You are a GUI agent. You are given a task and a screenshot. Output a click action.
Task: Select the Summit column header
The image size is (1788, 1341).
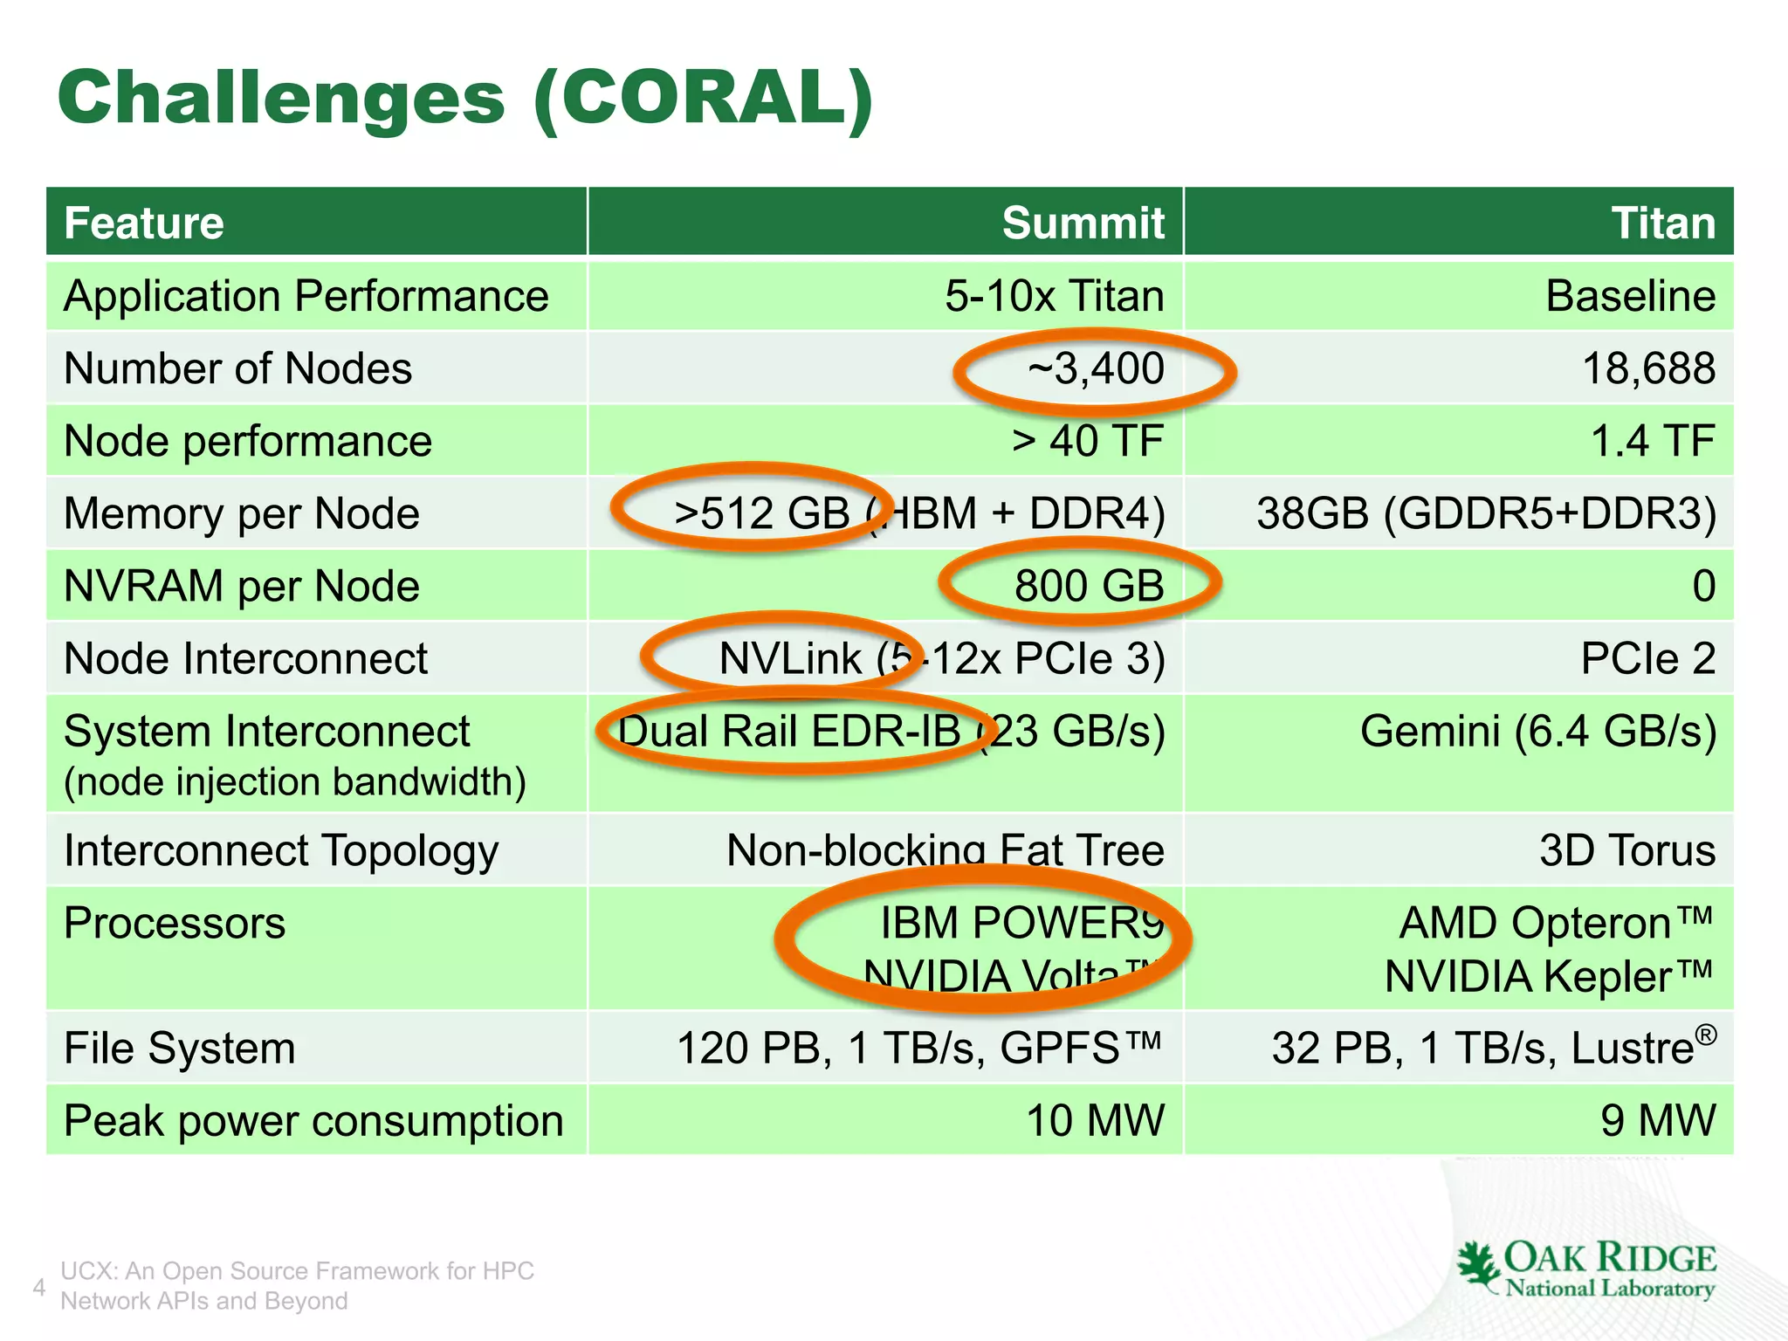(1083, 223)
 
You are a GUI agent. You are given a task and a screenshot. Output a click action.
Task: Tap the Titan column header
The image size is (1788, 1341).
(1662, 223)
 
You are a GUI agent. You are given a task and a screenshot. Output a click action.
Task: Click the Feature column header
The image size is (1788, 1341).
(144, 223)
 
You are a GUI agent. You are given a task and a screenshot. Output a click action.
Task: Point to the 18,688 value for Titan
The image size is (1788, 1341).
(1648, 368)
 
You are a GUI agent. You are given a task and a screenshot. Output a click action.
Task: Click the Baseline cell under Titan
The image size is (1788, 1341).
(1630, 296)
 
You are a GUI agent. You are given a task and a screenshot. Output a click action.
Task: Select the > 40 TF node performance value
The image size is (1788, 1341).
(1088, 441)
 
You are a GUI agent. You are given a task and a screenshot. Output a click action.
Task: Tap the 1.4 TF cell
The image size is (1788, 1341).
(1653, 441)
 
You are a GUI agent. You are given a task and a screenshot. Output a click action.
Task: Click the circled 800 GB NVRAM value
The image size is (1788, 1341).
(1089, 586)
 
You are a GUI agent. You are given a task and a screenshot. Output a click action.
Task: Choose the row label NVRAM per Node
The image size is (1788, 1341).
(242, 586)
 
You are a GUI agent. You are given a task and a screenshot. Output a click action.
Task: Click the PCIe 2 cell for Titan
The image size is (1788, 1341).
(1647, 658)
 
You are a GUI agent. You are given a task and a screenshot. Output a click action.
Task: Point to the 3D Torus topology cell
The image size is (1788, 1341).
(1627, 850)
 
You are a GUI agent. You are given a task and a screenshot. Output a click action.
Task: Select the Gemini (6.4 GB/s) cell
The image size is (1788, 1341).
(1538, 732)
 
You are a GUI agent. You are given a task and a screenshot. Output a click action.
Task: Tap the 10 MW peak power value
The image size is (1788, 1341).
(1095, 1120)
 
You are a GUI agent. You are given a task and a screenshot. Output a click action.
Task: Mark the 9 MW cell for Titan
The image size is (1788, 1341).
(1657, 1120)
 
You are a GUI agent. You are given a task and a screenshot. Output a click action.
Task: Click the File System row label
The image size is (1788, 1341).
(180, 1048)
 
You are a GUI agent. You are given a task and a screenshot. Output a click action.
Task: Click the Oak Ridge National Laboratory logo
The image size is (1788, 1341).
(1585, 1269)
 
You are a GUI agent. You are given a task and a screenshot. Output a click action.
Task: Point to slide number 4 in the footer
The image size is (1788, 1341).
(38, 1287)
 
